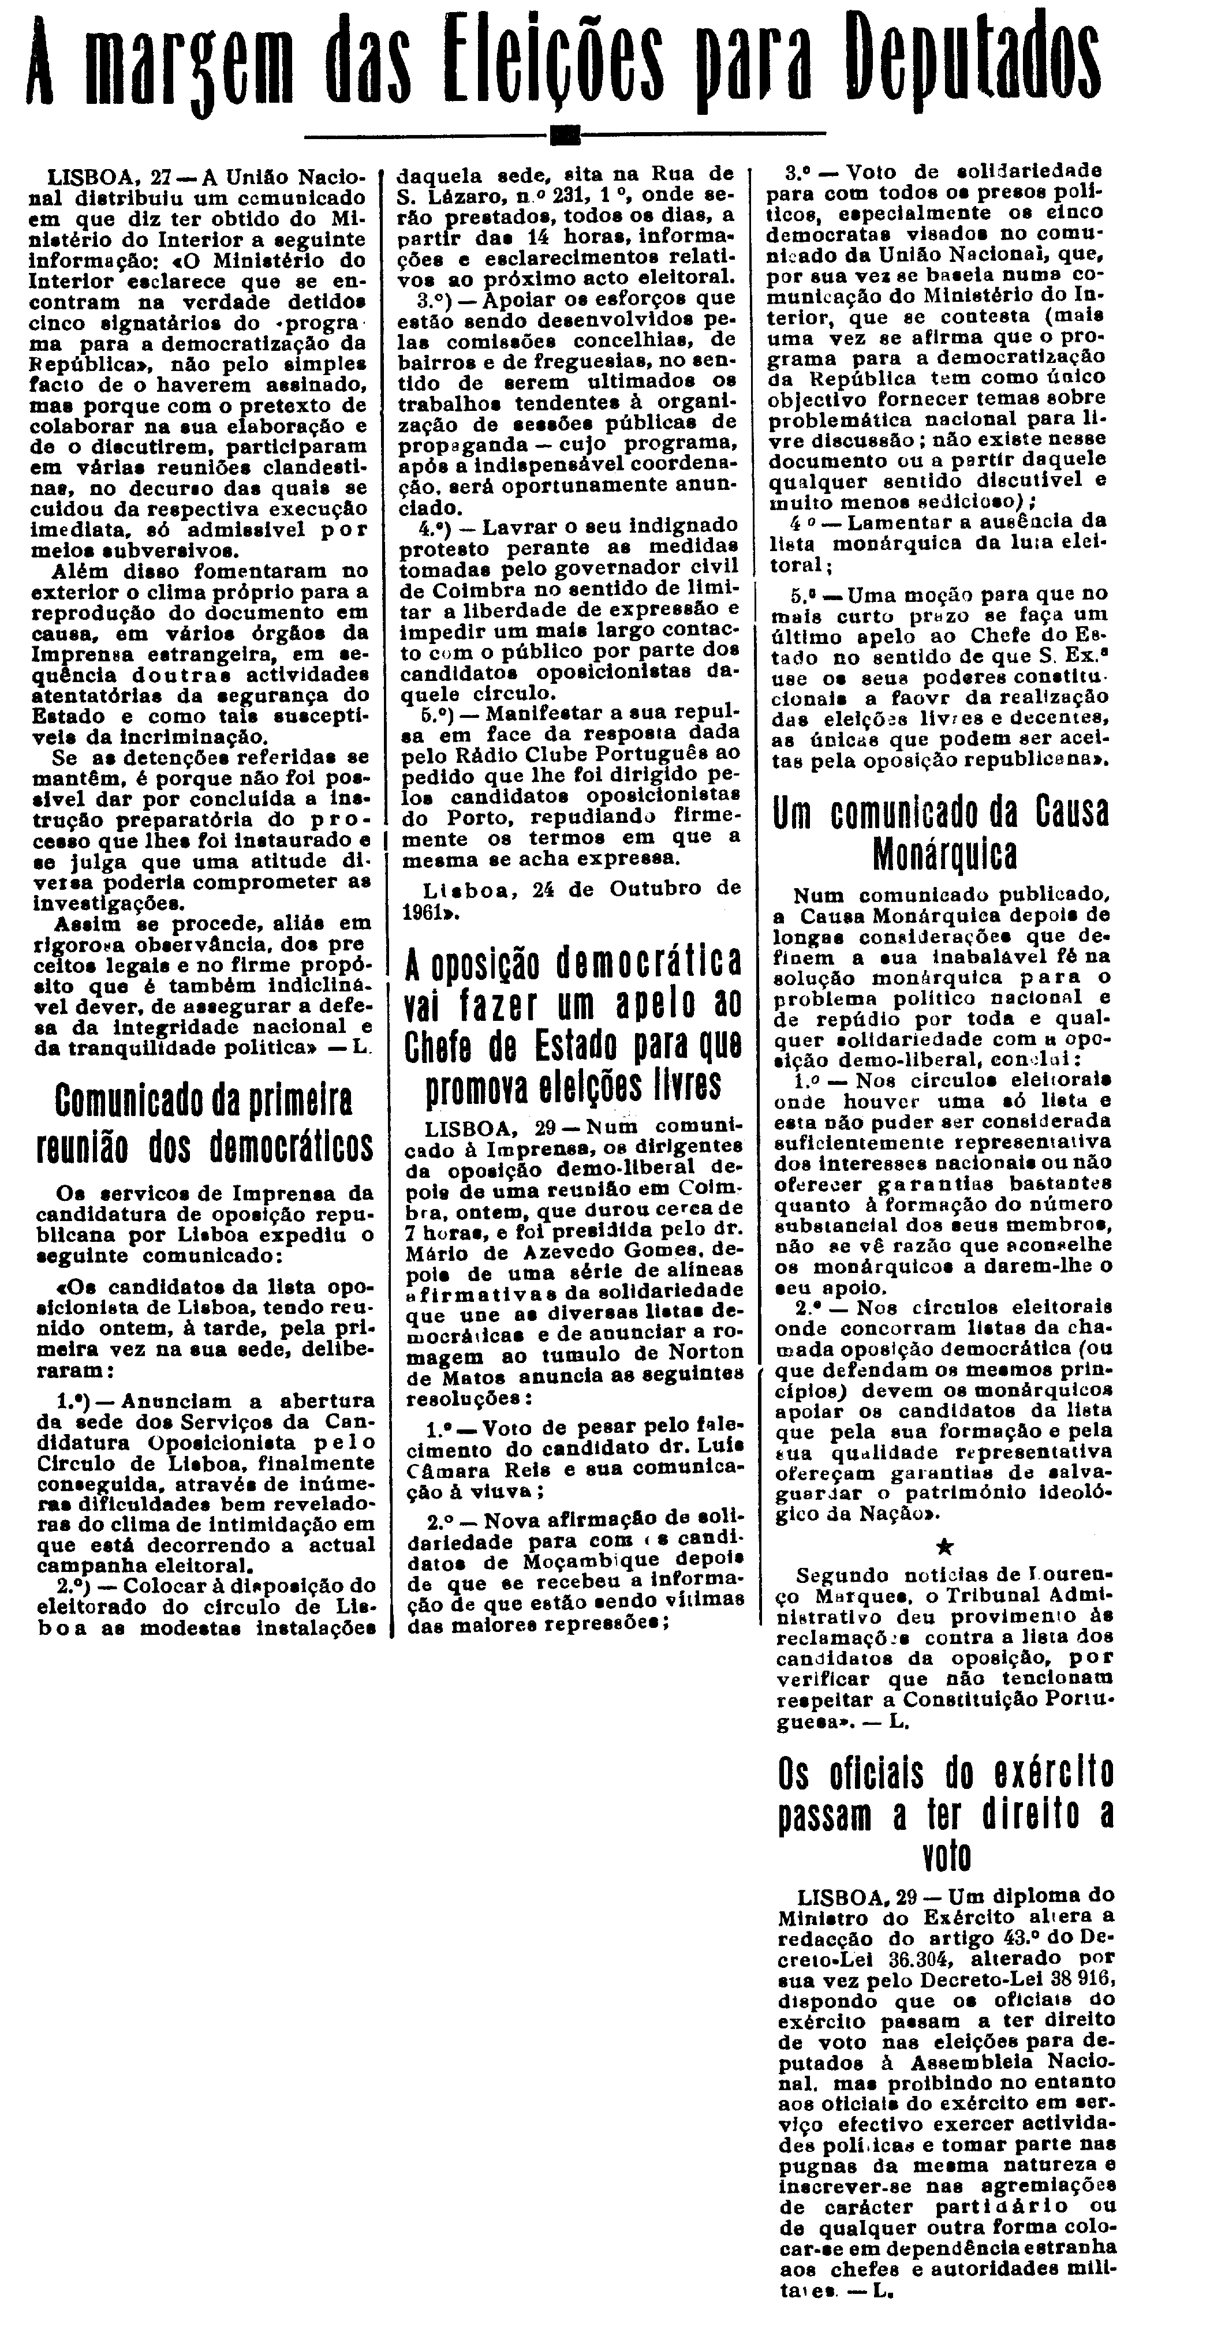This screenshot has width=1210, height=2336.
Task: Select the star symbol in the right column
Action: [x=943, y=1547]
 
